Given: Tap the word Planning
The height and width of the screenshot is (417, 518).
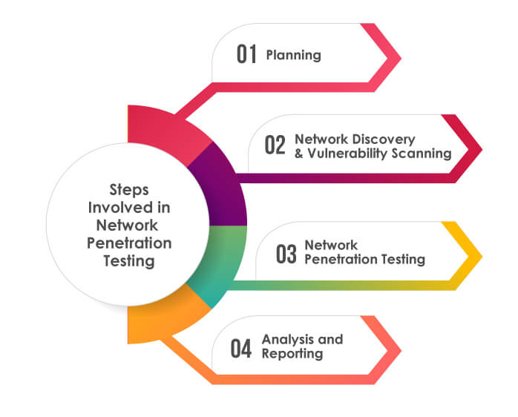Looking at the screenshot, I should (x=293, y=56).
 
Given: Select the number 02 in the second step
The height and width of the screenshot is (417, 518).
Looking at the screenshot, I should (x=275, y=145).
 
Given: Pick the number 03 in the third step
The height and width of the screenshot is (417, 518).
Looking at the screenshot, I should (x=286, y=254).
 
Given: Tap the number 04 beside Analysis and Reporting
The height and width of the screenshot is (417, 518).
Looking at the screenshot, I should (x=241, y=348).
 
